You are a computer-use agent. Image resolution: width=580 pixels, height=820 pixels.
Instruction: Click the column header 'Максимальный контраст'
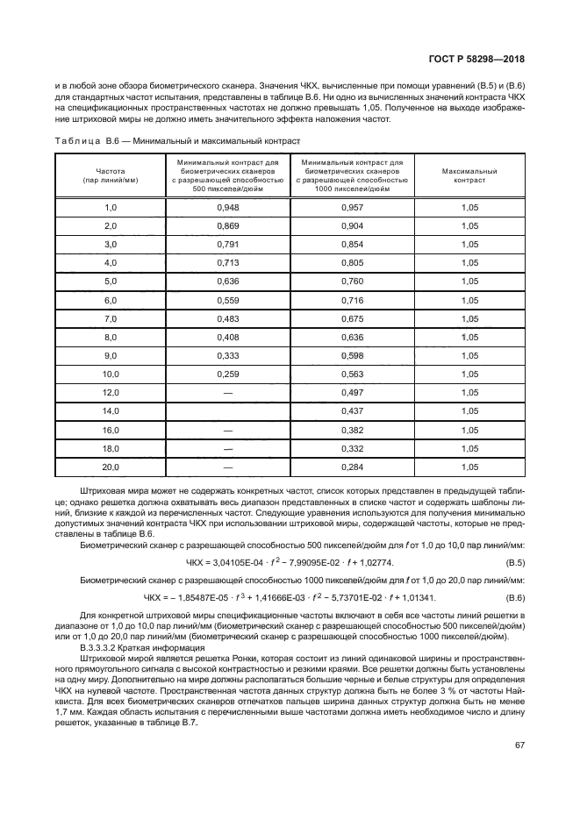click(x=469, y=176)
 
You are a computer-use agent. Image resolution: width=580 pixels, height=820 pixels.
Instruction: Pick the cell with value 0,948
click(x=227, y=208)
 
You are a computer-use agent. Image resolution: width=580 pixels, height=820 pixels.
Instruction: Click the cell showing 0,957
click(x=351, y=208)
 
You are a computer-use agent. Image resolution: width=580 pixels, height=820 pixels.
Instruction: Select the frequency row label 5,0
click(x=111, y=282)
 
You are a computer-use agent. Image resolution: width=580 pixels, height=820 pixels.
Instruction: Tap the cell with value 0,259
click(x=227, y=374)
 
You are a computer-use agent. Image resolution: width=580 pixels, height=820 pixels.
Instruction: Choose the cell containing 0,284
click(x=351, y=467)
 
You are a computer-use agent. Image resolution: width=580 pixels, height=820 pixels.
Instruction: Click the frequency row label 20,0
click(x=111, y=467)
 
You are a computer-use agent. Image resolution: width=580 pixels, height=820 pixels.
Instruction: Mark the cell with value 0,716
click(x=351, y=300)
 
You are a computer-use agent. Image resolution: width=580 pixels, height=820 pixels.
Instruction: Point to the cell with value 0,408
click(x=227, y=338)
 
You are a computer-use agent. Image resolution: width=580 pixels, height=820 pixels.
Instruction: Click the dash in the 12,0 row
click(x=227, y=393)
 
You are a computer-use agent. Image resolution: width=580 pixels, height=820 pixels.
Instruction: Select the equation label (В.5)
click(x=514, y=561)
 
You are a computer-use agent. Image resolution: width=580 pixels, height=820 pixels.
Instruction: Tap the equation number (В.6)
click(x=514, y=598)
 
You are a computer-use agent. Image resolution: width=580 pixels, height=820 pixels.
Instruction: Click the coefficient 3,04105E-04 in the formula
click(x=242, y=561)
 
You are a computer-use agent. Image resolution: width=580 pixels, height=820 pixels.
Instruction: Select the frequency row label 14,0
click(x=111, y=411)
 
